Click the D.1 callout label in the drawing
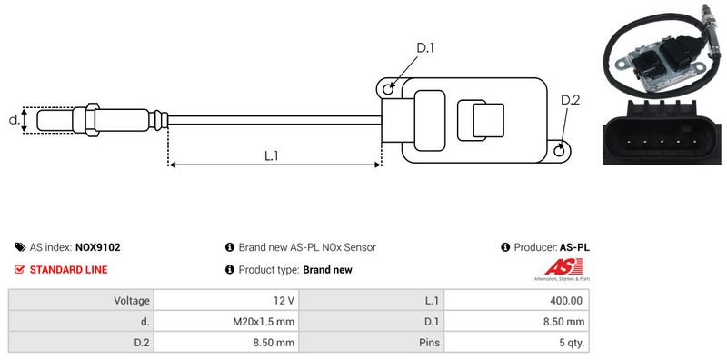click(424, 47)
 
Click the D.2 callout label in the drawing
click(571, 100)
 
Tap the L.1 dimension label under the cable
click(271, 155)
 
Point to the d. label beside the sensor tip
click(15, 119)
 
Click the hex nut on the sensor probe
click(93, 119)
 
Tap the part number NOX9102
click(97, 247)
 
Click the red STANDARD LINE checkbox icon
click(19, 269)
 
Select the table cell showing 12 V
click(225, 301)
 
